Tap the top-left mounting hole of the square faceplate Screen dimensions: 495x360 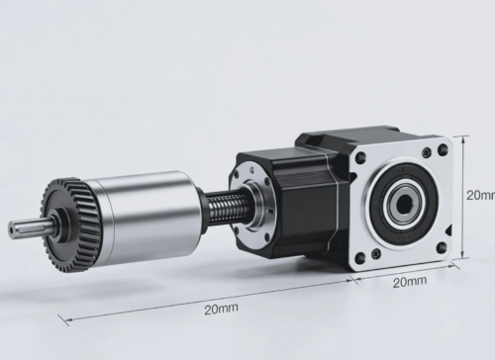(361, 157)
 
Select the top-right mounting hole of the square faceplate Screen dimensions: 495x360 (443, 150)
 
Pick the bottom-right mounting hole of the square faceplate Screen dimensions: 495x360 (441, 247)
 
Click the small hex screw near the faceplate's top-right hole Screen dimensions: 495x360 (427, 152)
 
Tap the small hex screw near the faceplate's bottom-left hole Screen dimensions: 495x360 (376, 253)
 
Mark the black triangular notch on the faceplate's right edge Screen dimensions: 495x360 (447, 230)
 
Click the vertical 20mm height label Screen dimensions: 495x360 (480, 195)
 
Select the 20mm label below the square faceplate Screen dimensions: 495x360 (410, 282)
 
